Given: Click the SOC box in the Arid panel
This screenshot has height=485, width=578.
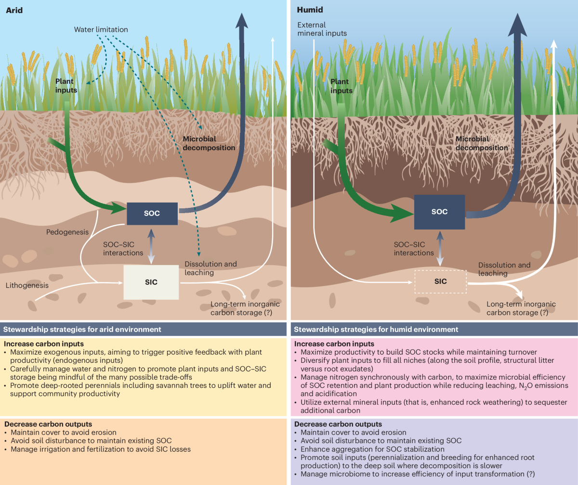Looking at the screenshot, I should coord(152,213).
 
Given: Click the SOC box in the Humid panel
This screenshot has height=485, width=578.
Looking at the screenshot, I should coord(439,212).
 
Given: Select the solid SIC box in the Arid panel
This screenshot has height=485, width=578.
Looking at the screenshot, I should coord(151,282).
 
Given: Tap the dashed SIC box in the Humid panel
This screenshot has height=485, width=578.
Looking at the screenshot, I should coord(440,282).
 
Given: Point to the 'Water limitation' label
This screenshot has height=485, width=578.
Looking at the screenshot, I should coord(101,30).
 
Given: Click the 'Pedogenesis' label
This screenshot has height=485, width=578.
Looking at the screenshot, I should coord(67,232).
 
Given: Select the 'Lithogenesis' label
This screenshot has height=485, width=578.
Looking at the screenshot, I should coord(27,285).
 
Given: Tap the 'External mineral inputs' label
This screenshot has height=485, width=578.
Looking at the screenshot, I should coord(322,29).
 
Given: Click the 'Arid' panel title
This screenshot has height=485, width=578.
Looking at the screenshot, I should coord(14,10).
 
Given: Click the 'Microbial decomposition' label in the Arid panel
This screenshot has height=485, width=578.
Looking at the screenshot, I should coord(209,143).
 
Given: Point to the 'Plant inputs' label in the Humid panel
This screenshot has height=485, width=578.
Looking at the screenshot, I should coord(342,86).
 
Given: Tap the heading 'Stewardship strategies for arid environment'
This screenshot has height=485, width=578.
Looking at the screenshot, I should coord(82,330).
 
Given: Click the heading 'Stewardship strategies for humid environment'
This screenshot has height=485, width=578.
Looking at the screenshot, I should coord(376,330).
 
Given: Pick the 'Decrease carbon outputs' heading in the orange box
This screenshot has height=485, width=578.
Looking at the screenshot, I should coord(48,424).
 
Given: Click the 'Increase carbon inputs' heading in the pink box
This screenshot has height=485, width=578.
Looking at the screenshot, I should coord(334,344).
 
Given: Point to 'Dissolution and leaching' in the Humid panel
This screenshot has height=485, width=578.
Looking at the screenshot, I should coord(504,269).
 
